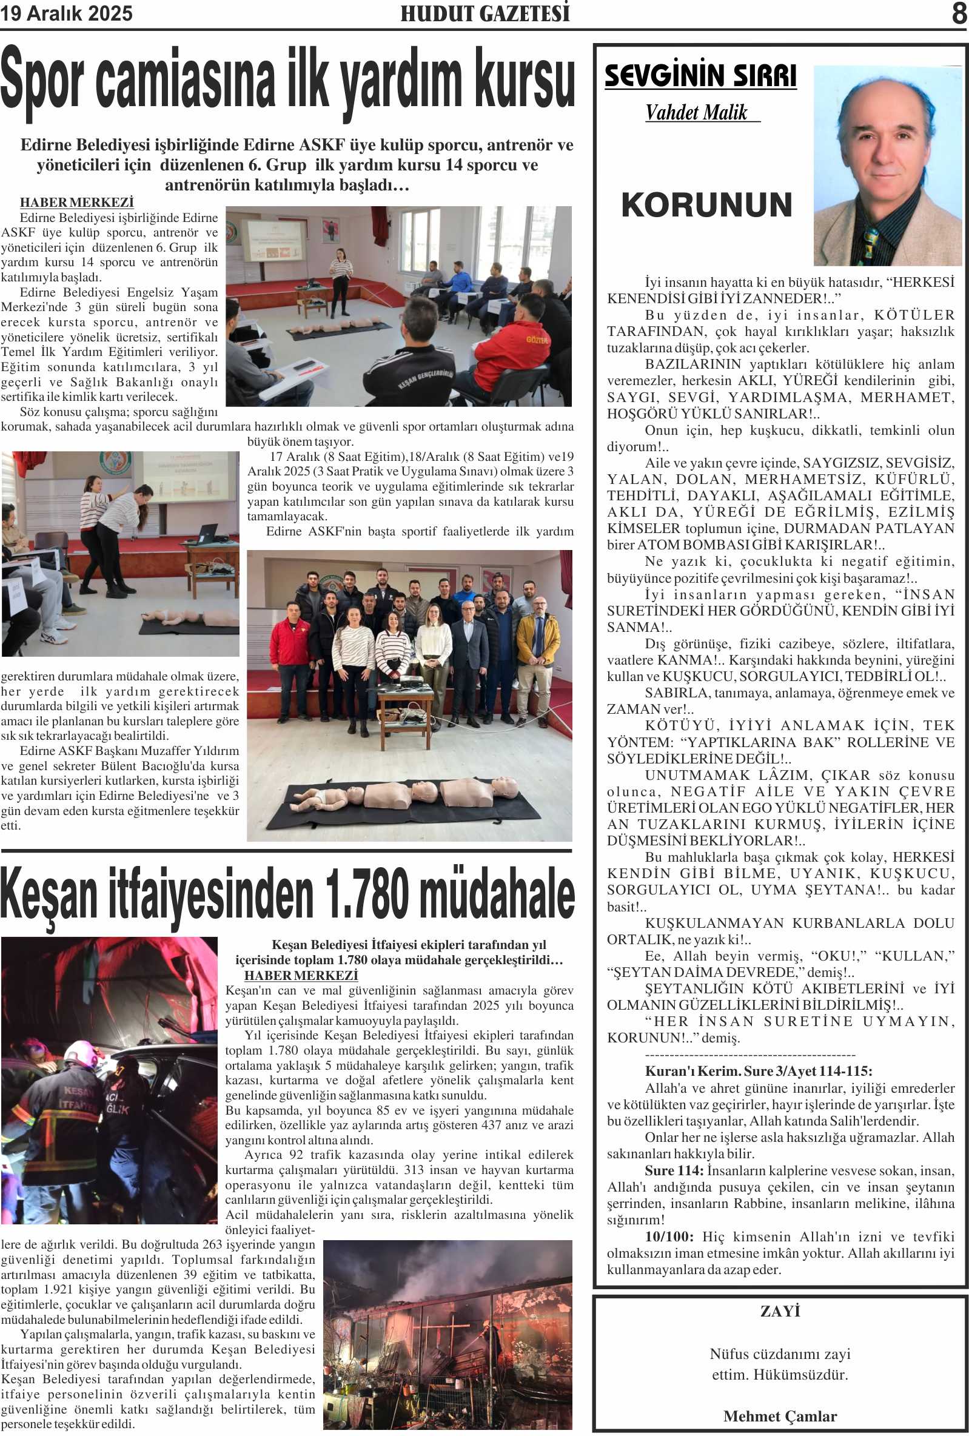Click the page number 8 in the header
(x=959, y=13)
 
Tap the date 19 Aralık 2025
(x=66, y=13)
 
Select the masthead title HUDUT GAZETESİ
(x=485, y=13)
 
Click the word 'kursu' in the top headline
(x=525, y=80)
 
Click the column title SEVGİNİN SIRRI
(x=700, y=76)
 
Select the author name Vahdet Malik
(x=697, y=112)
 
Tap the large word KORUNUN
(x=706, y=205)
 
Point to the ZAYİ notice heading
(x=780, y=1310)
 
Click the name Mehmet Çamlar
(x=780, y=1415)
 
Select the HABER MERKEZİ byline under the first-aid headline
(x=76, y=203)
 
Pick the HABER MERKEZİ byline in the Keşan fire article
(x=301, y=975)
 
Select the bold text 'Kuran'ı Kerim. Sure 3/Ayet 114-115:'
(x=758, y=1071)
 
